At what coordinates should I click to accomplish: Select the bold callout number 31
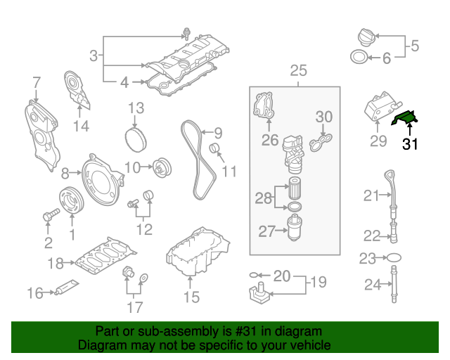(x=410, y=144)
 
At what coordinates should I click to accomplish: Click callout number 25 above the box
(x=298, y=71)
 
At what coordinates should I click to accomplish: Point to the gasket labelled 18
(x=105, y=257)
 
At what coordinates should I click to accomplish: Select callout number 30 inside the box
(x=323, y=117)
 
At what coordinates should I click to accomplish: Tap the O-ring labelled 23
(x=394, y=258)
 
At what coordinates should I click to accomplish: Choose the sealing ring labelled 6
(x=358, y=58)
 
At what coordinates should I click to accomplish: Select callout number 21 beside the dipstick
(x=371, y=195)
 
